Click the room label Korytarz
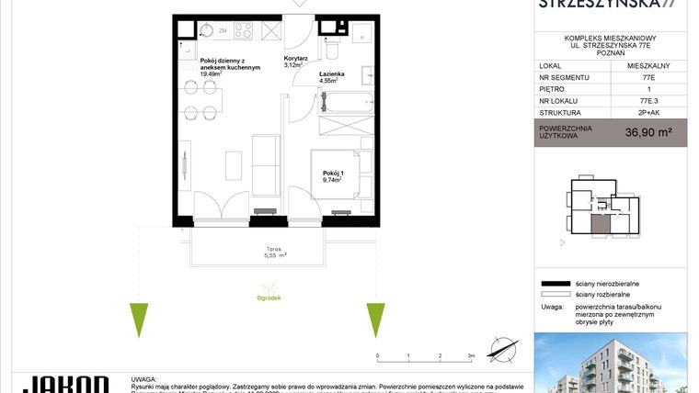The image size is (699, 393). pos(294,58)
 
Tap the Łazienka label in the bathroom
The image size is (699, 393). pos(332,73)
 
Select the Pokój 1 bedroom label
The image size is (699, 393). pos(332,174)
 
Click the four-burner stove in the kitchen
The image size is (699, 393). pos(243,31)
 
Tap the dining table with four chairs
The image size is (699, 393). pos(203,99)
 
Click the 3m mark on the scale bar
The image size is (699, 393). pos(470,354)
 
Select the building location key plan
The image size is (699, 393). pos(602,211)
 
